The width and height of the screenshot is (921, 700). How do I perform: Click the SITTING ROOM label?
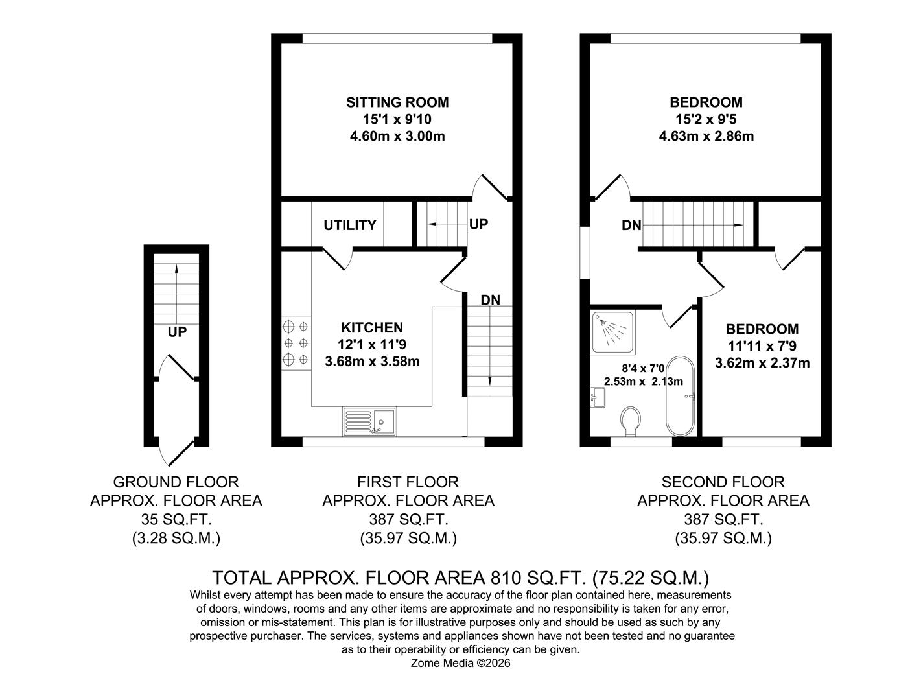tap(397, 102)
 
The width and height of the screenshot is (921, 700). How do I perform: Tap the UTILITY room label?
tap(349, 226)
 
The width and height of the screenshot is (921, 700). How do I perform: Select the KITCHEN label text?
tap(372, 328)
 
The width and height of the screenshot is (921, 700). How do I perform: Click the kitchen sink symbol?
tap(369, 421)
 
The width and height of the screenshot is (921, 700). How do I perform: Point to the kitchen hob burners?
tap(296, 342)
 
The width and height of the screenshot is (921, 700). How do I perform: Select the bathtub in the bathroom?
tap(680, 395)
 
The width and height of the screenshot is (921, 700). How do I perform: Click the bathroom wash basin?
tap(598, 397)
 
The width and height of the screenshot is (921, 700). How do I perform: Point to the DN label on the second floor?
tap(631, 226)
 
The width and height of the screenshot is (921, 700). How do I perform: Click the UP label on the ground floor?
tap(177, 332)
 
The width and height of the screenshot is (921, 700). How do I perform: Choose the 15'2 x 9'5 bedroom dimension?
tap(706, 119)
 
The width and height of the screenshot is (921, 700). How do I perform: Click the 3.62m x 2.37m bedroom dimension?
tap(762, 363)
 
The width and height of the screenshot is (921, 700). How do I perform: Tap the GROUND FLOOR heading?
tap(176, 482)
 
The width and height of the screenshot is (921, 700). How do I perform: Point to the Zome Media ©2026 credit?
tap(461, 663)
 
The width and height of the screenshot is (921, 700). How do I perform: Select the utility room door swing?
tap(338, 258)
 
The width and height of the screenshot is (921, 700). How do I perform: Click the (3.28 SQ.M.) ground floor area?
tap(176, 538)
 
